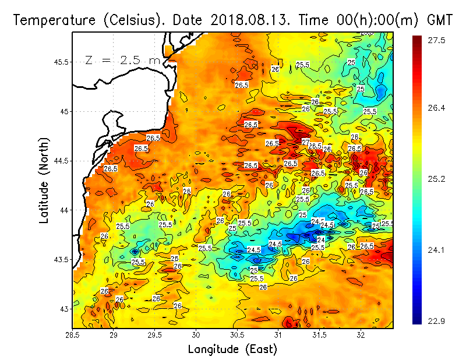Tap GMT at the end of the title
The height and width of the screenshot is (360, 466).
441,20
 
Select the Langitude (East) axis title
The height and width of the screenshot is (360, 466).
232,349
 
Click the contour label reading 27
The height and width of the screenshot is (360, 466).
305,143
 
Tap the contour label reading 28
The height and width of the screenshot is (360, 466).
187,191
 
